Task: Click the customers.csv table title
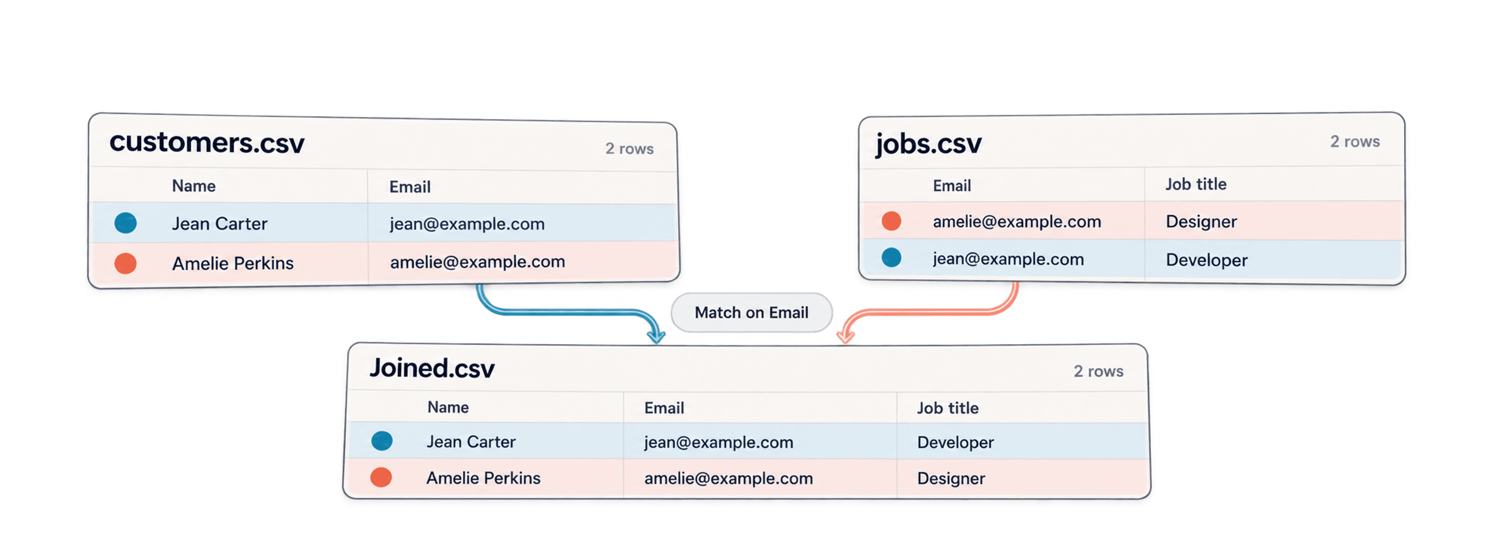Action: point(207,142)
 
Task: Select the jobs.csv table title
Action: point(928,143)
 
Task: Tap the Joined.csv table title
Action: point(432,368)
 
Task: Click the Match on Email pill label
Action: point(751,313)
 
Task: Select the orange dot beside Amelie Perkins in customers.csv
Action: point(125,263)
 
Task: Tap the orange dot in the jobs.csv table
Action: point(892,221)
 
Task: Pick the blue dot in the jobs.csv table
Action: point(892,258)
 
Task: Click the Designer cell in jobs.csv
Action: point(1202,221)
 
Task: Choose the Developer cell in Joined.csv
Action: point(955,442)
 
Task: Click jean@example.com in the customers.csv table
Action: point(467,224)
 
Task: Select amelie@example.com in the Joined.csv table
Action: point(728,479)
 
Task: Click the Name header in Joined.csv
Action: point(448,407)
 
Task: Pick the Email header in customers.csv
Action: point(410,187)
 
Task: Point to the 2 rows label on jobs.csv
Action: point(1355,142)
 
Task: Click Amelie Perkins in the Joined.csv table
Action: point(483,478)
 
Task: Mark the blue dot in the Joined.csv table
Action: point(382,441)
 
